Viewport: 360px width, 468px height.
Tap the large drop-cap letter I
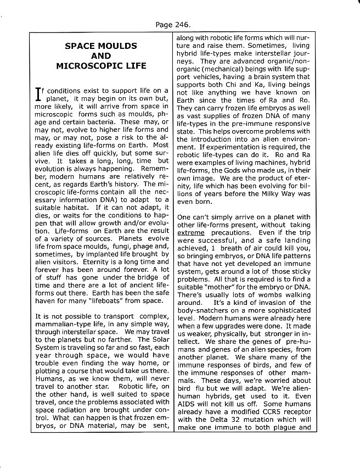tap(38, 94)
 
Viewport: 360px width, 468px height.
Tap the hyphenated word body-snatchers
tap(201, 310)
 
